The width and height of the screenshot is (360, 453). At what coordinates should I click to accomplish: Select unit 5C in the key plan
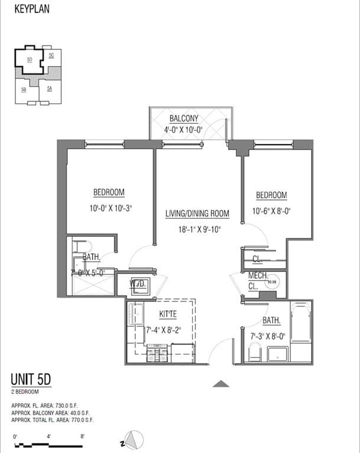52,55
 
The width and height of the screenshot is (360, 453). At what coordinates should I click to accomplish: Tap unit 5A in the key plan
50,88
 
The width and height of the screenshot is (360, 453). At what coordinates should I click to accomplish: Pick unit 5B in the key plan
24,90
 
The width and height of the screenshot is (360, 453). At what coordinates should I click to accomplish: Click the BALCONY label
184,118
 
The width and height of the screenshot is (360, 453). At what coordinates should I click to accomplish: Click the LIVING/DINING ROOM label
197,214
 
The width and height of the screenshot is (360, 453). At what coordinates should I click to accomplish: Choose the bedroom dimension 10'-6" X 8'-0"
271,211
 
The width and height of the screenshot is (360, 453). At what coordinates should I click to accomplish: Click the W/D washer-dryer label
138,283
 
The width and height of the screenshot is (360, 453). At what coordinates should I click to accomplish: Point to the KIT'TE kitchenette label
168,315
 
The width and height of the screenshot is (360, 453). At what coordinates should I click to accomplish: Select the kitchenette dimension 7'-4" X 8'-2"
163,330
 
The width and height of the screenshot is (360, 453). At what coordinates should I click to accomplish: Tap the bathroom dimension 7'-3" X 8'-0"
267,337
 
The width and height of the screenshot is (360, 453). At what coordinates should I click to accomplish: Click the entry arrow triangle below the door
221,384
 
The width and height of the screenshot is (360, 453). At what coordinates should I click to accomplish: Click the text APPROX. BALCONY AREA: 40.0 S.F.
50,413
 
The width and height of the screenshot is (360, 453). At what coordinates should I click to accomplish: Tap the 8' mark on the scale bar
83,436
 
